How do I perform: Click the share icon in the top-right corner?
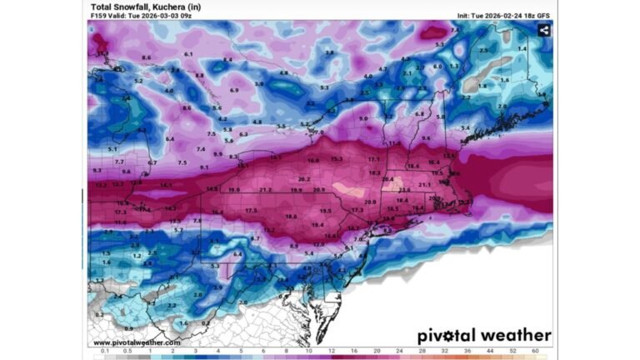tap(543, 30)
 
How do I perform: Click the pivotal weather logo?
tap(484, 336)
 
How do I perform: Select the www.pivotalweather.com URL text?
tap(137, 342)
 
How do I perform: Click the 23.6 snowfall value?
tap(403, 190)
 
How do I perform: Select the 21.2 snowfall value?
tap(266, 190)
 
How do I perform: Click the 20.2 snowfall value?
tap(303, 178)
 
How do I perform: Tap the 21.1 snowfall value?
tap(424, 184)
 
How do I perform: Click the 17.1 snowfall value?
tap(373, 159)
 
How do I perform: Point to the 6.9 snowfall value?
tap(234, 90)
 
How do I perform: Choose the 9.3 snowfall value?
tap(97, 170)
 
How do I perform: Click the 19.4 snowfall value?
tap(317, 225)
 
